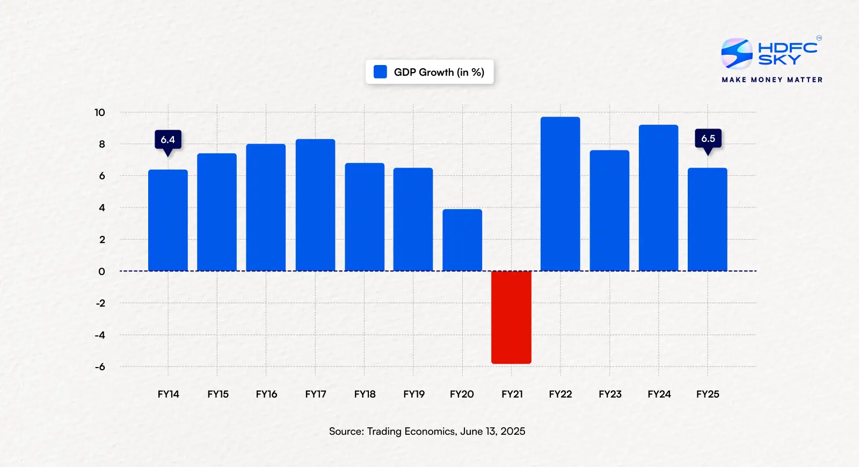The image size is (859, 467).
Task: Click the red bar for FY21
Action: coord(511,317)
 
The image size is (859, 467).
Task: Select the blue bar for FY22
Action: coord(560,194)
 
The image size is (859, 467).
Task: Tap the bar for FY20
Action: coord(462,240)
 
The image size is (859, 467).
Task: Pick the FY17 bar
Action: coord(315,205)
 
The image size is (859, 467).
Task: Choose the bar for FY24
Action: coord(658,198)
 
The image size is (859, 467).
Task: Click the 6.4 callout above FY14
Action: coord(168,140)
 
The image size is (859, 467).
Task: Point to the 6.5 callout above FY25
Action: coord(708,139)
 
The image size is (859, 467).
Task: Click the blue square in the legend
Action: coord(380,72)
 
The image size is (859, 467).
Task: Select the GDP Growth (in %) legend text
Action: coord(439,72)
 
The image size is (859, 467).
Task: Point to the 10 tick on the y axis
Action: coord(100,112)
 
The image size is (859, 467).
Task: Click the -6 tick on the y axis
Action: coord(100,367)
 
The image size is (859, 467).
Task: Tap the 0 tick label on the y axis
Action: coord(101,271)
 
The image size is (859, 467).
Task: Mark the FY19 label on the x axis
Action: coord(414,394)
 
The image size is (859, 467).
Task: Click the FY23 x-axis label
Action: coord(610,394)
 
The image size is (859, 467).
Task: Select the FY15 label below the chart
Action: coord(218,394)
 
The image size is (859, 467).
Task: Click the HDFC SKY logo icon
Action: coord(737,53)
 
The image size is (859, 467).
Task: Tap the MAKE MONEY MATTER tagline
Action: coord(772,80)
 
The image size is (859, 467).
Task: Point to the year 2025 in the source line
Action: coord(513,432)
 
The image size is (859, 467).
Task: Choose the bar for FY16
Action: coord(266,207)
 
